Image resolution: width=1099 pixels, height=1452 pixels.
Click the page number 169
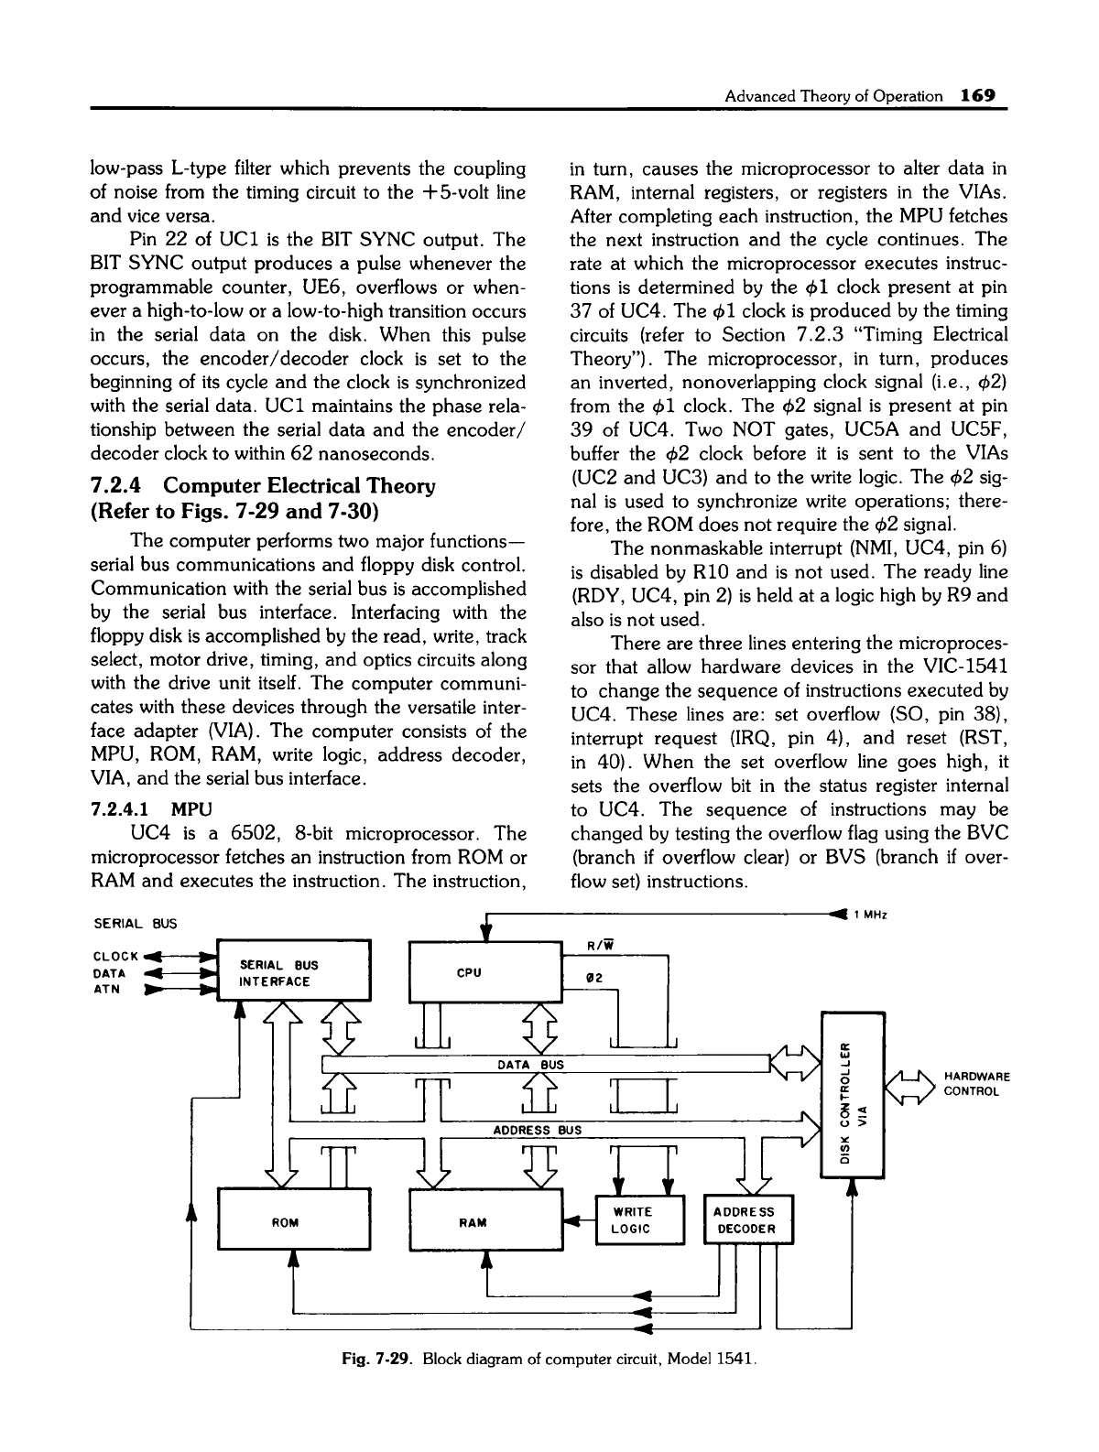(977, 95)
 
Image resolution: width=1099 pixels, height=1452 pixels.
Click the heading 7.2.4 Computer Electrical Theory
(265, 484)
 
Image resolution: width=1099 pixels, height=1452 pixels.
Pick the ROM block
(291, 1223)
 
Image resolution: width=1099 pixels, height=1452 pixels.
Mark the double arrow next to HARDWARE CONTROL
(909, 1085)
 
